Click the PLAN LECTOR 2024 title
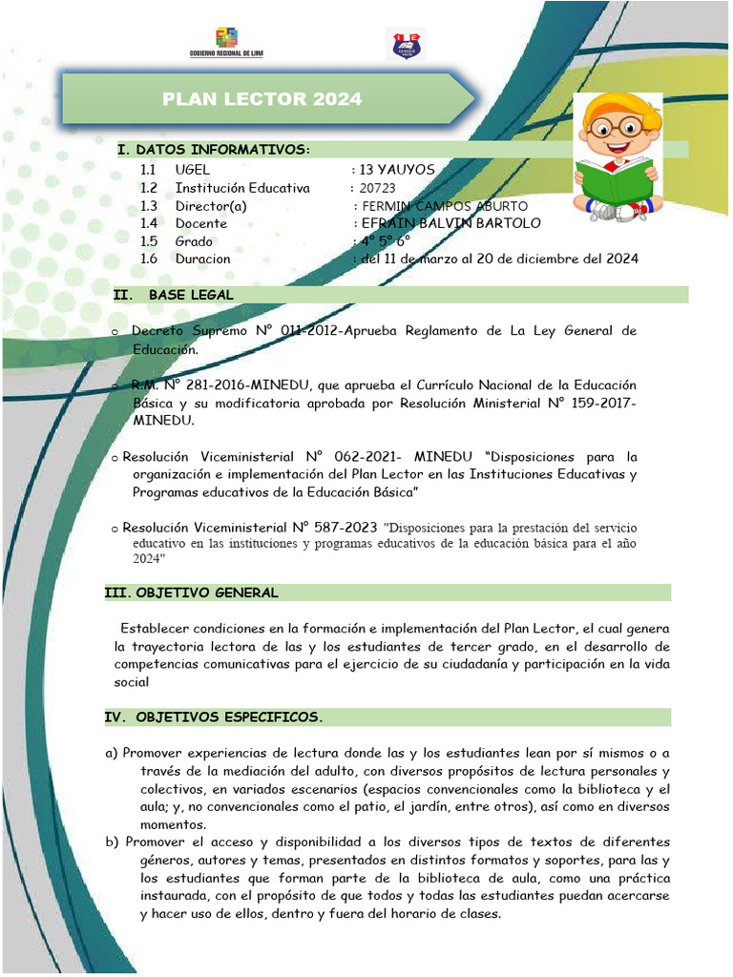click(x=262, y=99)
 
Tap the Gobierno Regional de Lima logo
click(x=226, y=42)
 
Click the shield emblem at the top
click(x=406, y=44)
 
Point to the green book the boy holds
click(x=614, y=179)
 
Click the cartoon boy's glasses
click(x=617, y=125)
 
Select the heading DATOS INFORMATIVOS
click(x=214, y=150)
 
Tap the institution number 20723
click(x=378, y=188)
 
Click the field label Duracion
click(x=202, y=259)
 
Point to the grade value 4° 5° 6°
click(x=385, y=241)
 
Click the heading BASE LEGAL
click(x=191, y=295)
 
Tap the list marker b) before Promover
click(x=113, y=842)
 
